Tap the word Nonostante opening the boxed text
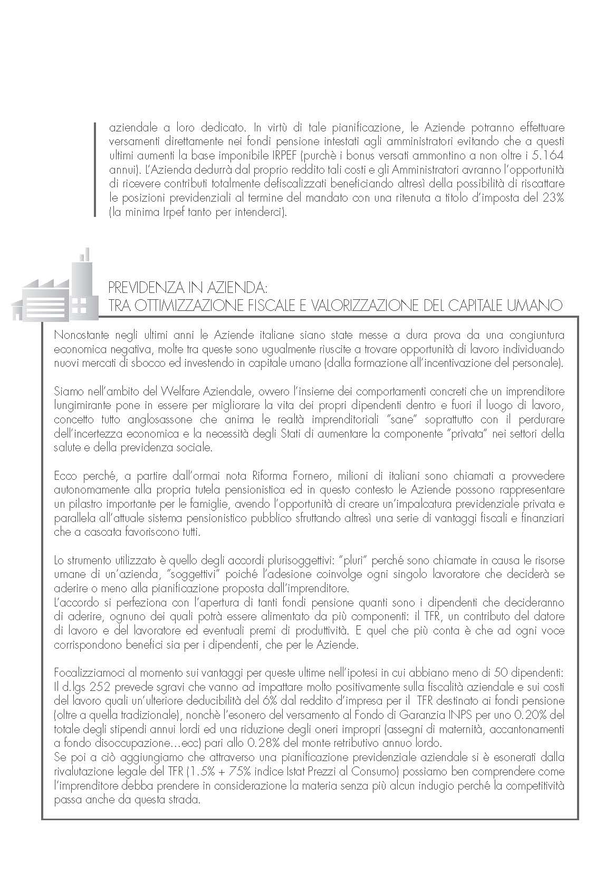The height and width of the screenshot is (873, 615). point(78,335)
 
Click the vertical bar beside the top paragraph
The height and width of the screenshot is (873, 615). point(94,170)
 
